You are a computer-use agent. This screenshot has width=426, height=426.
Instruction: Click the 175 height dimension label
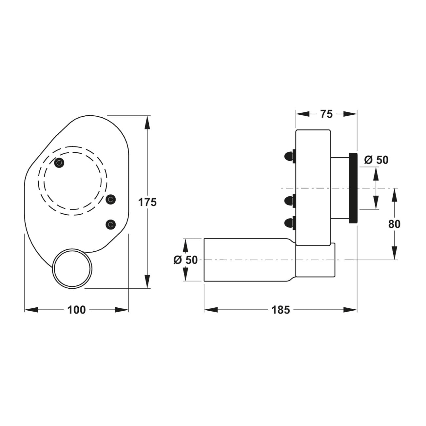(x=147, y=202)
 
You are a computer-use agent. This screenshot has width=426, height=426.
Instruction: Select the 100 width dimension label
(x=76, y=310)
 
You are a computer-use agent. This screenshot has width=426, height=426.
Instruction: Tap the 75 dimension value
(x=326, y=114)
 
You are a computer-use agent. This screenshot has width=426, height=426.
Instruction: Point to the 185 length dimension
(x=281, y=310)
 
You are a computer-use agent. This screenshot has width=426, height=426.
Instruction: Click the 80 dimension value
(x=394, y=224)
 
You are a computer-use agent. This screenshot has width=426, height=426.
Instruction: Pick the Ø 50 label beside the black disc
(x=376, y=160)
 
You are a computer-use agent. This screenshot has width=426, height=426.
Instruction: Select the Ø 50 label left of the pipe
(x=185, y=260)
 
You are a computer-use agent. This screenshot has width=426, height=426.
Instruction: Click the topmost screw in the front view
(x=59, y=163)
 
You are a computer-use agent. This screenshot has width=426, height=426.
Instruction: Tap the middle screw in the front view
(x=111, y=200)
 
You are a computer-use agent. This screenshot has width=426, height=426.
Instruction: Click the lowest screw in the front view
(x=111, y=224)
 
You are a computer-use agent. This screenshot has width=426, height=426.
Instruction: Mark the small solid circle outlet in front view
(x=72, y=269)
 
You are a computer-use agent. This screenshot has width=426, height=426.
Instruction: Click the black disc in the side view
(x=353, y=188)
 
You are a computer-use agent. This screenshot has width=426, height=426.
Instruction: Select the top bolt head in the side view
(x=290, y=156)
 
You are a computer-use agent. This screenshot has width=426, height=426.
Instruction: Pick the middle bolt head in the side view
(x=290, y=201)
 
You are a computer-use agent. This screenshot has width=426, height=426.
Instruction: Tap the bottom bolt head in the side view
(x=290, y=223)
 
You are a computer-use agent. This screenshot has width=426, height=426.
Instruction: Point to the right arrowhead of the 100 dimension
(x=122, y=310)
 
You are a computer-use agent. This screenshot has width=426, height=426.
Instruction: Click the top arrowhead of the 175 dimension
(x=147, y=123)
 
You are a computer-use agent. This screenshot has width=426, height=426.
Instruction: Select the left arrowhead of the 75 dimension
(x=302, y=114)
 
